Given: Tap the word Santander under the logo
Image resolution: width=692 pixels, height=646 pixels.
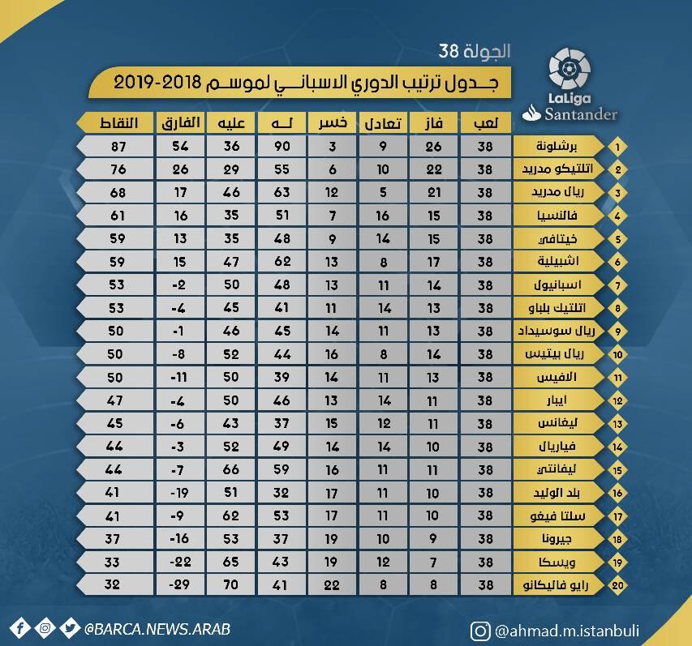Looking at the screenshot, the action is [x=580, y=114].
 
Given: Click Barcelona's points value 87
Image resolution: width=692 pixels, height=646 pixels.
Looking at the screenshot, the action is [x=118, y=147].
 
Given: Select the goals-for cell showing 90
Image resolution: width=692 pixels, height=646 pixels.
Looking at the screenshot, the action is [x=282, y=147].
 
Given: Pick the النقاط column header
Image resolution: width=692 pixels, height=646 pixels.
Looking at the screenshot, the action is [x=118, y=122].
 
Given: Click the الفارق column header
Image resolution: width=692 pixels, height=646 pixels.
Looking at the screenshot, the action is [x=180, y=122].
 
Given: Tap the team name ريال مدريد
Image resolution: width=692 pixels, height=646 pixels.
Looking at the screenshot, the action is [x=558, y=192].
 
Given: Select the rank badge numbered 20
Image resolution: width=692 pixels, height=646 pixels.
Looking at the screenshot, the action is [x=617, y=585].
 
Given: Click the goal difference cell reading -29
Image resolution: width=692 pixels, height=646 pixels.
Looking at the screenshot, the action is [x=179, y=584].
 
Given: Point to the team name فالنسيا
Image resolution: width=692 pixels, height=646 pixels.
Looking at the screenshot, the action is [x=557, y=215].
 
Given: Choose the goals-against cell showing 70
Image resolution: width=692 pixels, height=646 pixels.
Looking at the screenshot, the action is [x=231, y=584].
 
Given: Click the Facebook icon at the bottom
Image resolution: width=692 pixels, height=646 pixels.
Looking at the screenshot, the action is [x=19, y=628].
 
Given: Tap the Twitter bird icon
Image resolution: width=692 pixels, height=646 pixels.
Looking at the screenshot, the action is [x=70, y=628].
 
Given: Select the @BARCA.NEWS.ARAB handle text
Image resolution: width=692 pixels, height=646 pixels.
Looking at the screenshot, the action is [x=157, y=629].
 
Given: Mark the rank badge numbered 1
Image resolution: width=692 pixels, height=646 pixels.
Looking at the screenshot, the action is [x=617, y=147].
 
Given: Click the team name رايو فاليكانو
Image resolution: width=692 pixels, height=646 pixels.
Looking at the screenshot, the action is [x=556, y=585].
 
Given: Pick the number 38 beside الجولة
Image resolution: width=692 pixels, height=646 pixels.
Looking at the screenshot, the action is [x=449, y=51].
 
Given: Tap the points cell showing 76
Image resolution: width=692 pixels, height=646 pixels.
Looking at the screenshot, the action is [x=118, y=169].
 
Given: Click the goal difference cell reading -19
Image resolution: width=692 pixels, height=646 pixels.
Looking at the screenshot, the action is [x=179, y=493].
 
